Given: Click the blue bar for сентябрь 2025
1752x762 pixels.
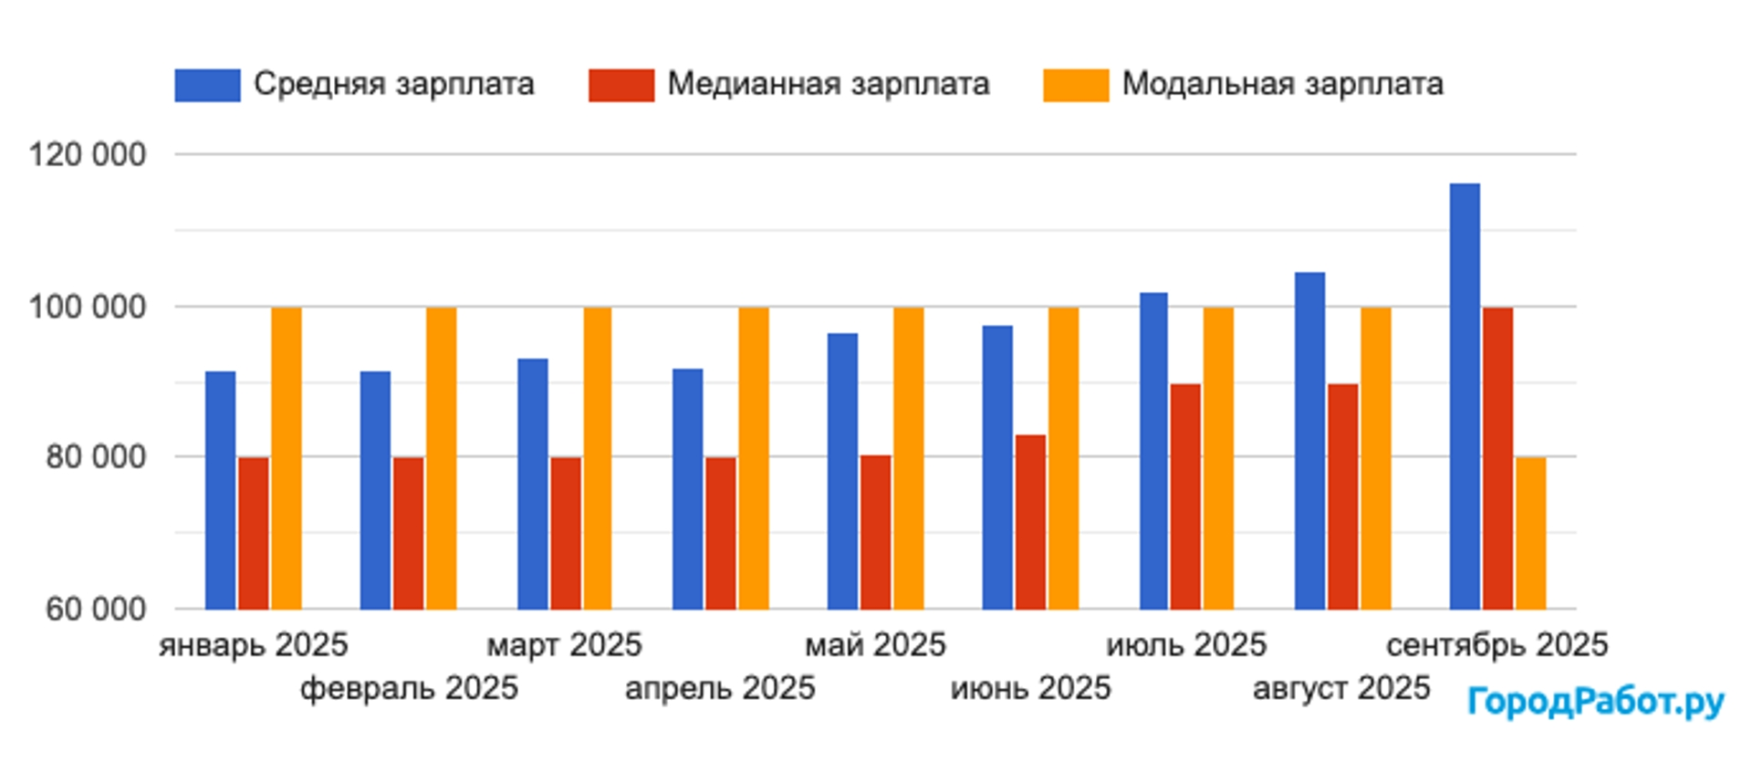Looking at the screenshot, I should point(1465,397).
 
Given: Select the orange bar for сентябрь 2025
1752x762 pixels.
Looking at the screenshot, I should point(1530,533).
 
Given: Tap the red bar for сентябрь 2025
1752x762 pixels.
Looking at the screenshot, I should point(1497,458).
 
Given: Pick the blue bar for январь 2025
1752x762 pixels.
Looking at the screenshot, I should point(220,490).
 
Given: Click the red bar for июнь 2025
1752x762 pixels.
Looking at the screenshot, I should point(1030,522).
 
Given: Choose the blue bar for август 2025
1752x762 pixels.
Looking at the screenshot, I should point(1309,441).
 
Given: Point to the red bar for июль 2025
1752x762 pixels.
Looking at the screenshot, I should point(1185,496).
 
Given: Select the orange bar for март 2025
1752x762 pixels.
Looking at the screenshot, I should point(598,458).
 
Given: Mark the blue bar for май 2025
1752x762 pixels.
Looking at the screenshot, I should point(842,471).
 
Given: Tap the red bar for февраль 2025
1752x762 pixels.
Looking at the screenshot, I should point(408,533).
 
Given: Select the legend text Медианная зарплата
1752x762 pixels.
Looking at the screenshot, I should point(828,84).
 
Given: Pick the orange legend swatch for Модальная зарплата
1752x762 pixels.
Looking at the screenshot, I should point(1075,85).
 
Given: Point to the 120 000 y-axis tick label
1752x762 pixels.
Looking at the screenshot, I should point(88,154).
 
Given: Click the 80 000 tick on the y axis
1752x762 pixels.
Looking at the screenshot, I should point(96,456).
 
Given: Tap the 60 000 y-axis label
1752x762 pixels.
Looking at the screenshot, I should point(96,609).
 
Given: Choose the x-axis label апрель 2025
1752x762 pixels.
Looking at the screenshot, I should point(720,688).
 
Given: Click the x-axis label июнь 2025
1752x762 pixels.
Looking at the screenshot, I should point(1030,688).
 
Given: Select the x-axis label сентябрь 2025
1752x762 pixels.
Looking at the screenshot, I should point(1496,645).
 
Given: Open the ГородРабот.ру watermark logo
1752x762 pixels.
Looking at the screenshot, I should point(1595,702).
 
